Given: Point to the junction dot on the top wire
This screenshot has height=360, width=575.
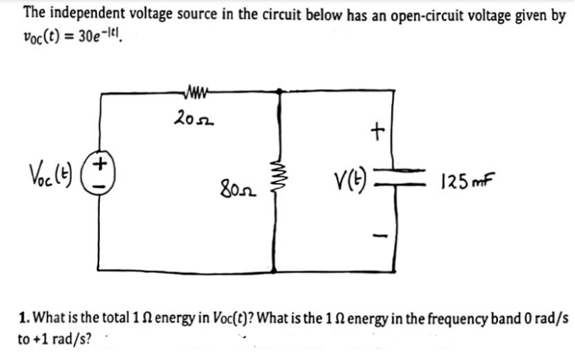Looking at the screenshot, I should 279,91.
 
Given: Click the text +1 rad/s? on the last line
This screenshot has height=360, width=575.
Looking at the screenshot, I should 53,338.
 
